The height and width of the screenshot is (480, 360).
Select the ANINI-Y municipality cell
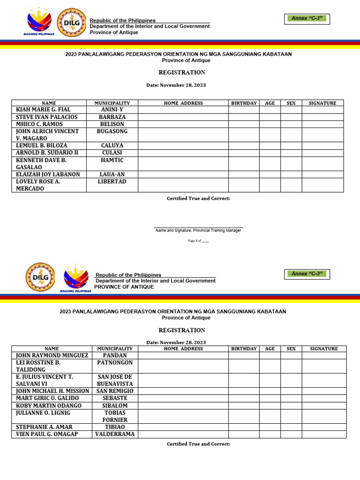pos(112,110)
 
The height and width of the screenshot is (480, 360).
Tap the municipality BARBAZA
pos(112,117)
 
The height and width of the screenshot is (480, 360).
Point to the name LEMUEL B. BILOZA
pos(42,146)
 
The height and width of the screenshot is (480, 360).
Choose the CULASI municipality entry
pos(112,153)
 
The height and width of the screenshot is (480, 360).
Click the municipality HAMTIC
pos(112,160)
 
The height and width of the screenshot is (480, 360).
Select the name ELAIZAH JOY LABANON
pos(48,174)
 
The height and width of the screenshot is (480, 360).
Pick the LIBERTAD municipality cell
pos(112,181)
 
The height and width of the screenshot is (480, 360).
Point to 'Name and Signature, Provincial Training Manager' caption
pos(198,230)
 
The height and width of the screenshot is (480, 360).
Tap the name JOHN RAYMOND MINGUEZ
pos(52,355)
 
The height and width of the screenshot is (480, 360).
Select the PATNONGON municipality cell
pos(115,362)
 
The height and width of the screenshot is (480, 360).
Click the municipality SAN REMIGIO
pos(115,391)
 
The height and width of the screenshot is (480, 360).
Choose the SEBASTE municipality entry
pos(115,398)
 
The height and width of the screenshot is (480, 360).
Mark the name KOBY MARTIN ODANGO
pos(49,405)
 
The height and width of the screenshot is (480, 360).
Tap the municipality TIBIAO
pos(115,427)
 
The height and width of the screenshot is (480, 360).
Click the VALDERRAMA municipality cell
pos(115,434)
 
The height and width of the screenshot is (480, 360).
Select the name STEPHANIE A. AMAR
pos(44,427)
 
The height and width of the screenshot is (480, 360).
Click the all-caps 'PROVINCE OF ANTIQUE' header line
pos(124,287)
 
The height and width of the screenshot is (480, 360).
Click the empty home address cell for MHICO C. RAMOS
pos(183,124)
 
